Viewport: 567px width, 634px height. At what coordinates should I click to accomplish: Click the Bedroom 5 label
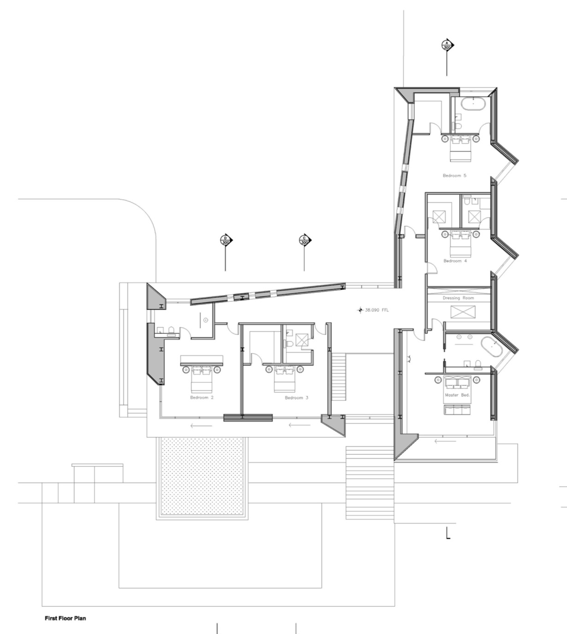455,176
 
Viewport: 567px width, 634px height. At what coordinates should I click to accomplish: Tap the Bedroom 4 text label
455,261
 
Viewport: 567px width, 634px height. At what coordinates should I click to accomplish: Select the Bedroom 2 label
201,397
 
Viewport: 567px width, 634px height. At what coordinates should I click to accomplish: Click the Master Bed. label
457,395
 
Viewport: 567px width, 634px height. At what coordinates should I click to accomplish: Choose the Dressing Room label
458,298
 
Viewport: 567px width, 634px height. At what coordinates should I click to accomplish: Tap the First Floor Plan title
65,618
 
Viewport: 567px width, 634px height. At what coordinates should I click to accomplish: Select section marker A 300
447,45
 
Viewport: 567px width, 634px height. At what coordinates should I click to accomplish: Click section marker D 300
226,240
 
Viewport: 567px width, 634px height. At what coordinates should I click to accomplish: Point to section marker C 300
305,240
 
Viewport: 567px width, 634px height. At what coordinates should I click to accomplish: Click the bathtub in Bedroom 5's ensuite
473,105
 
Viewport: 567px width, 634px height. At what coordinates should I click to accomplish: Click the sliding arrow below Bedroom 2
201,426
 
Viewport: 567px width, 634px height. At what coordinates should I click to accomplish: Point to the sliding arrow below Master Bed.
445,441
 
